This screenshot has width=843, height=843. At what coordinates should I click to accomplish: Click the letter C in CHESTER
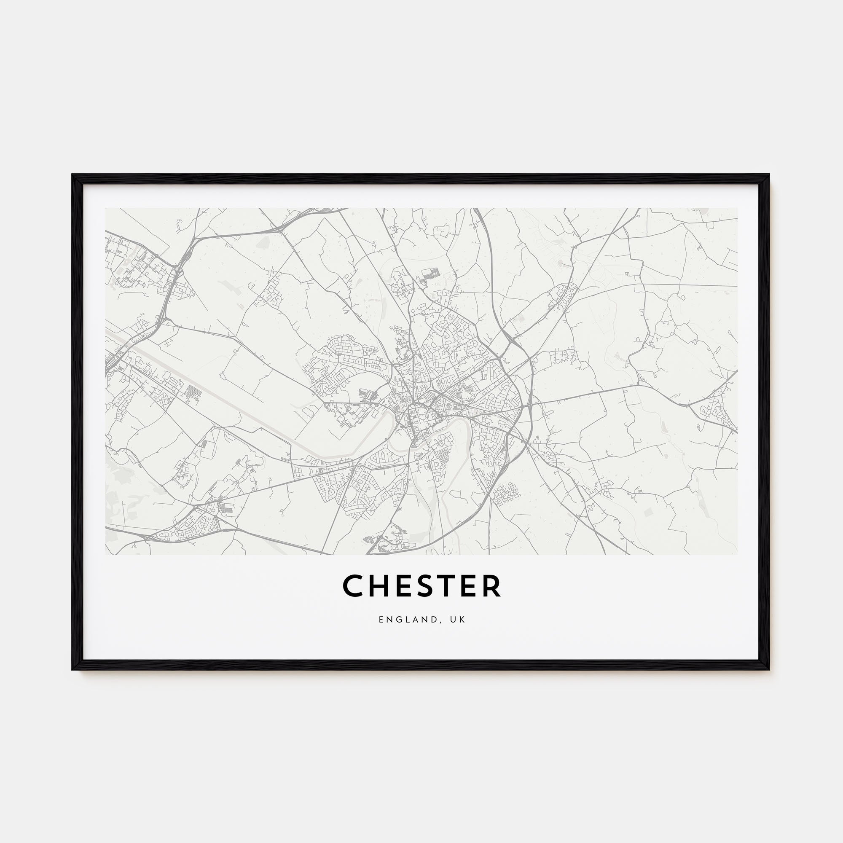tap(354, 585)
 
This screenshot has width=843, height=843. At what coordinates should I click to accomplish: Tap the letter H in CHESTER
tap(379, 585)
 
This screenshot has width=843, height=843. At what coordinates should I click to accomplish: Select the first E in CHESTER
tap(402, 585)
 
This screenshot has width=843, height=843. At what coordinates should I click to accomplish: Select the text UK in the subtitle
tap(459, 620)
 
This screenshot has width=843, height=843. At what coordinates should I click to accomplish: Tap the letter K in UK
tap(463, 620)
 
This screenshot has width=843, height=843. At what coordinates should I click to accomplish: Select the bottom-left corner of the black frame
tap(73, 669)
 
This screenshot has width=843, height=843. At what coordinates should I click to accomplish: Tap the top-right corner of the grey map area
tap(737, 209)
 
